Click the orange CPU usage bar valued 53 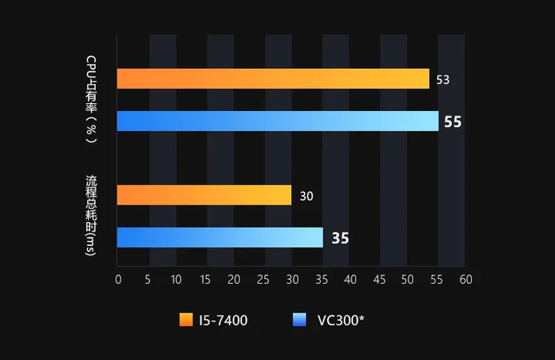(273, 79)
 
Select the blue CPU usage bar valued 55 (277, 121)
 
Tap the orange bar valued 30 (204, 194)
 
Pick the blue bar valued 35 (220, 237)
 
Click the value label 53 (443, 79)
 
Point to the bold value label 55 (453, 121)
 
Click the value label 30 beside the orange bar (306, 195)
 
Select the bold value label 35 (339, 238)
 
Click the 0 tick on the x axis (118, 279)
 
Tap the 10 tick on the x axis (175, 279)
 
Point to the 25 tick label (262, 279)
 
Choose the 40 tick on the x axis (349, 279)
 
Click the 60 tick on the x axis (465, 279)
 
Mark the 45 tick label (378, 279)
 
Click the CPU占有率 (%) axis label (92, 99)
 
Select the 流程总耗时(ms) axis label (92, 215)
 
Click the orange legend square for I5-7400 (186, 320)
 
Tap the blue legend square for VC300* (299, 320)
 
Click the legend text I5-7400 (224, 320)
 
